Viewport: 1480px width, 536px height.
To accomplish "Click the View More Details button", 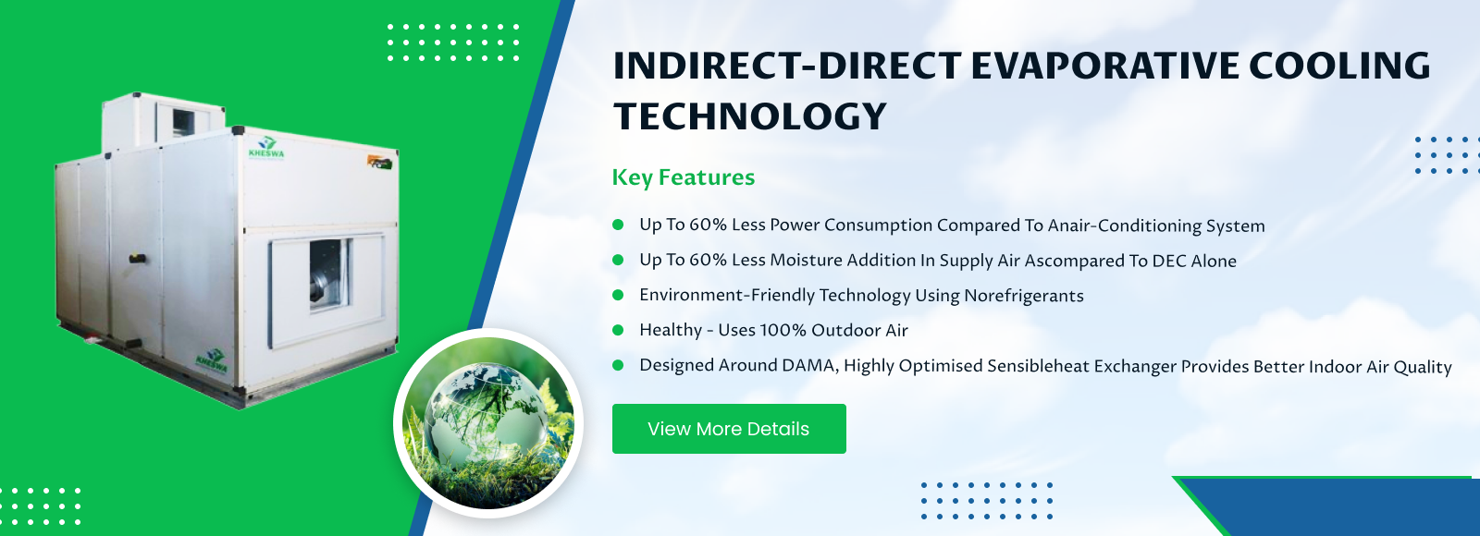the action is (x=729, y=429).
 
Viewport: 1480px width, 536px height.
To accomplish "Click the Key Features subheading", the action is (x=684, y=177).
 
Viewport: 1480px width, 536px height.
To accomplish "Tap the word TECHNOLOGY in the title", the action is (x=750, y=116).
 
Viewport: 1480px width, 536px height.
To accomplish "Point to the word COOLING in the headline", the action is (x=1340, y=66).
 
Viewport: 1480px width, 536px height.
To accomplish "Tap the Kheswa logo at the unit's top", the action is (x=266, y=147).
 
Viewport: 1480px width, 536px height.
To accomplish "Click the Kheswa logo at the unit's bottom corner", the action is (x=212, y=360).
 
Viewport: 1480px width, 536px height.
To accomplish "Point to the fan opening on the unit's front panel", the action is (x=329, y=274).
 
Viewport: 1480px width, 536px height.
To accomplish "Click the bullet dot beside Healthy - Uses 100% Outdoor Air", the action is (x=619, y=330).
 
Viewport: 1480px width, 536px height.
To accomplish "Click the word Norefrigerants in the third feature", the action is (x=1023, y=296).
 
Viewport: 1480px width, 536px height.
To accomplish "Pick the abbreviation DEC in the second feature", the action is (x=1169, y=261).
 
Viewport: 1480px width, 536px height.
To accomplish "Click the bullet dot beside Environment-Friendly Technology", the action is (x=619, y=295).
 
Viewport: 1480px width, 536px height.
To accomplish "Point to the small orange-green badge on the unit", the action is (x=380, y=162).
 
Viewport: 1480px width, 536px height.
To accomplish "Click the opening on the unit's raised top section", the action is (x=183, y=121).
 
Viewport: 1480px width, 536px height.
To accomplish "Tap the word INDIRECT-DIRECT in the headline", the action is (x=787, y=66).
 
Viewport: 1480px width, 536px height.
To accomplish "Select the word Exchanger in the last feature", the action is (x=1134, y=366).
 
